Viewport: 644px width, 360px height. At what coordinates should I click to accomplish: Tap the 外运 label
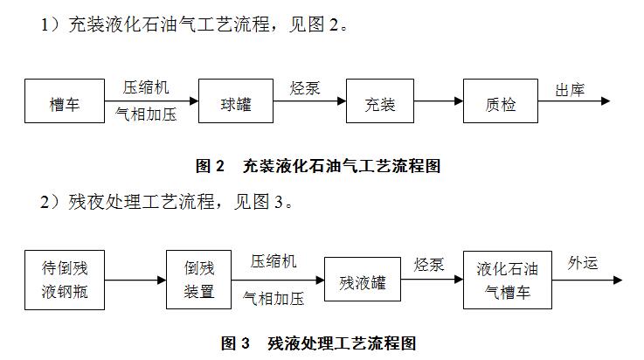tap(583, 263)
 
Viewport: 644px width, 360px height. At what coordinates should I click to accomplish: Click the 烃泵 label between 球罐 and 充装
tap(305, 88)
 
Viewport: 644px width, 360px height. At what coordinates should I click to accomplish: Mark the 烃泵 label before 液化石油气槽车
tap(430, 264)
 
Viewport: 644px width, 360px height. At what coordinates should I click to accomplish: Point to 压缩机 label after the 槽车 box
tap(146, 88)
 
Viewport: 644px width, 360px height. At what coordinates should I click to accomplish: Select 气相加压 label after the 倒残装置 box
tap(274, 299)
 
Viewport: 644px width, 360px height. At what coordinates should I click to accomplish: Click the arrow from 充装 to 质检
tap(438, 103)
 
